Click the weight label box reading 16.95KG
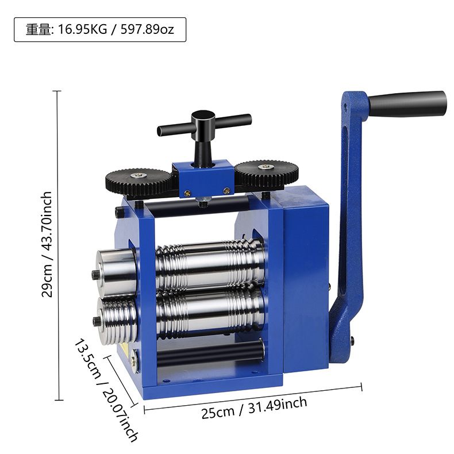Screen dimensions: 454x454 (x=100, y=29)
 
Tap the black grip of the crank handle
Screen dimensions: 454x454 (x=407, y=104)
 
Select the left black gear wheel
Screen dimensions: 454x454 (x=139, y=182)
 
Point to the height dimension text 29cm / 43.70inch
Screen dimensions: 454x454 (x=47, y=244)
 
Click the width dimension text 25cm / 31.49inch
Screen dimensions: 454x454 (x=254, y=407)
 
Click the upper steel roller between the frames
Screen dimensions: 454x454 (x=210, y=266)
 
